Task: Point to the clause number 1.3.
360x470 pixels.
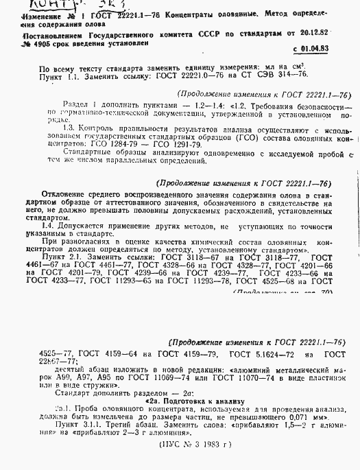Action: [68, 128]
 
